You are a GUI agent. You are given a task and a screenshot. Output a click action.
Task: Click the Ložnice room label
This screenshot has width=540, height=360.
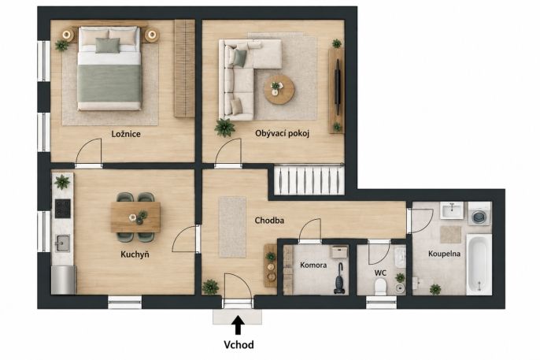(126, 134)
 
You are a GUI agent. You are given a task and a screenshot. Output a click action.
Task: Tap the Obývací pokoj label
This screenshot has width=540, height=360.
(282, 133)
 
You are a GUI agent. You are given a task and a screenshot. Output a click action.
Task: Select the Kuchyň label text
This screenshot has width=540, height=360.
(135, 254)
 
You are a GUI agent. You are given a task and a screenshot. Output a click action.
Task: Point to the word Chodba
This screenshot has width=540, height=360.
(269, 220)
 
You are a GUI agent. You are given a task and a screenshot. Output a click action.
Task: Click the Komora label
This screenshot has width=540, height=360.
(313, 265)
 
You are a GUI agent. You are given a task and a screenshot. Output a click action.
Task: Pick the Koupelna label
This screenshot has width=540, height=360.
(444, 254)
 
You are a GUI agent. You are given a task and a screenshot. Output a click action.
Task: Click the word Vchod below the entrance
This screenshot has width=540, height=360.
(239, 344)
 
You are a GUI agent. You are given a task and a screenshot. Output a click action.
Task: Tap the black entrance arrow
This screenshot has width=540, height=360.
(238, 325)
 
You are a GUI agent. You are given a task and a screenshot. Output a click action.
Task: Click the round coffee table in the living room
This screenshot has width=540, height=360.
(279, 90)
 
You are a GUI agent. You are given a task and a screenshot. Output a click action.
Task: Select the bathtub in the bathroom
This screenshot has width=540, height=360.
(479, 264)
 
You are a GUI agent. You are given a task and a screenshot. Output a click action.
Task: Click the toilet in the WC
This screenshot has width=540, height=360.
(380, 287)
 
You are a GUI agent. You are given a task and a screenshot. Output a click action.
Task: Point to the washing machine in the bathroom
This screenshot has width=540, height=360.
(479, 214)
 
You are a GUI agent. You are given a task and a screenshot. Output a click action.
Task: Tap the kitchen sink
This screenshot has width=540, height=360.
(63, 243)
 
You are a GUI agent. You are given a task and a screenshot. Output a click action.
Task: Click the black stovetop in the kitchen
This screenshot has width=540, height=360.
(63, 209)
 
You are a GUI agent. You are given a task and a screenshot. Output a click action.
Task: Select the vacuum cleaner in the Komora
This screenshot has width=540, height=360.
(339, 279)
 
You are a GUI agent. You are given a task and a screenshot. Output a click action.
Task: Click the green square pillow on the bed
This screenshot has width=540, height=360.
(107, 45)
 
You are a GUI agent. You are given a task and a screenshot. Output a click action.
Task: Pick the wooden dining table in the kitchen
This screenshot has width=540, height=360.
(135, 217)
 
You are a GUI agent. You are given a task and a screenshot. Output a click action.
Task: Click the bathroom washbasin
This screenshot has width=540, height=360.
(452, 210)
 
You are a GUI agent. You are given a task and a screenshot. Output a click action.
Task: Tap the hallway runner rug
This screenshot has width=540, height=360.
(232, 227)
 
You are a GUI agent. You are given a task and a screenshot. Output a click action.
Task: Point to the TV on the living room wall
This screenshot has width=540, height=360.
(338, 87)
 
